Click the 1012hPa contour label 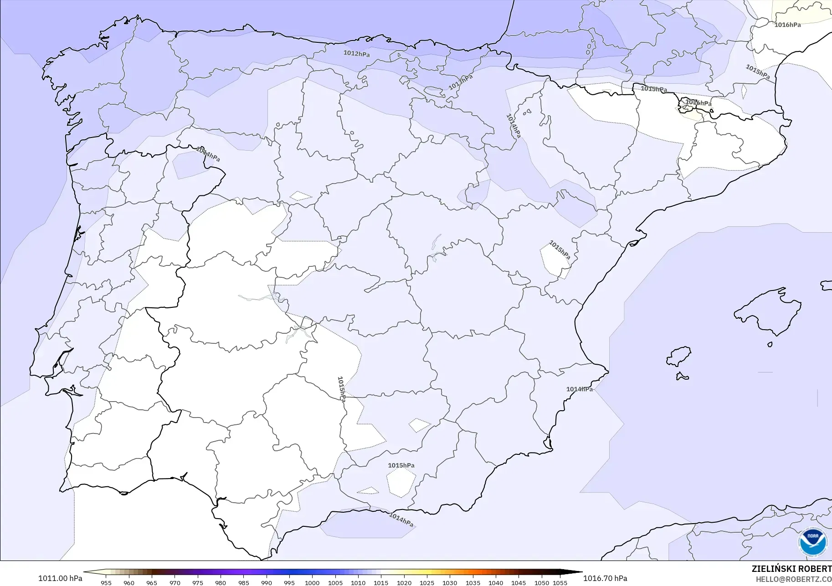point(356,54)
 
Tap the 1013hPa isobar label point(461,82)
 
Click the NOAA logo point(812,541)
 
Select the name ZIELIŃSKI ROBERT point(791,569)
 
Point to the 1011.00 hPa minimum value point(60,578)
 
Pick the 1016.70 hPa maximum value point(605,578)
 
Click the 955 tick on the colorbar point(106,583)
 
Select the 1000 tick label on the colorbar point(312,583)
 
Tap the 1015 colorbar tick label point(381,583)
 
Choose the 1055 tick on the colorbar point(560,583)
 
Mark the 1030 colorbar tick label point(450,583)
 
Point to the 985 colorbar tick point(243,583)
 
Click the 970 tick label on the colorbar point(175,583)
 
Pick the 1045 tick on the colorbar point(519,583)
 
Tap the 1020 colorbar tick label point(404,583)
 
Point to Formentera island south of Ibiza point(682,376)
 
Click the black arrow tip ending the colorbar point(580,572)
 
